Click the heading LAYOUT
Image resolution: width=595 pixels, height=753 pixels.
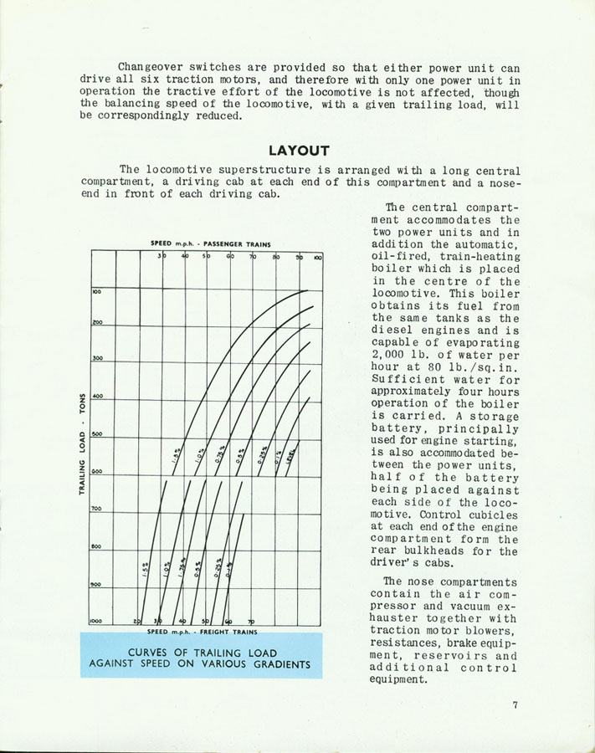(x=299, y=151)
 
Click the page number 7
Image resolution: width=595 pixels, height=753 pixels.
(x=516, y=705)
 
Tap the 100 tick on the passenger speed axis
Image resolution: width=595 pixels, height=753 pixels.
(x=317, y=257)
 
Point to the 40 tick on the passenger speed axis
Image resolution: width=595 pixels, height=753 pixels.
(x=185, y=257)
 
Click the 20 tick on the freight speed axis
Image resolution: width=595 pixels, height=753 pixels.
(x=136, y=621)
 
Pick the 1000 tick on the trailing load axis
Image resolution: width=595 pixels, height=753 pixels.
(x=97, y=621)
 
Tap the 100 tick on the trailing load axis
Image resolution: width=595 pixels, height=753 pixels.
(x=96, y=291)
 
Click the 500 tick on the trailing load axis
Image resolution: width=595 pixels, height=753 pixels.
(x=97, y=433)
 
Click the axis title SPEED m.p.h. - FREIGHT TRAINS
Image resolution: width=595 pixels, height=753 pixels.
(x=204, y=632)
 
